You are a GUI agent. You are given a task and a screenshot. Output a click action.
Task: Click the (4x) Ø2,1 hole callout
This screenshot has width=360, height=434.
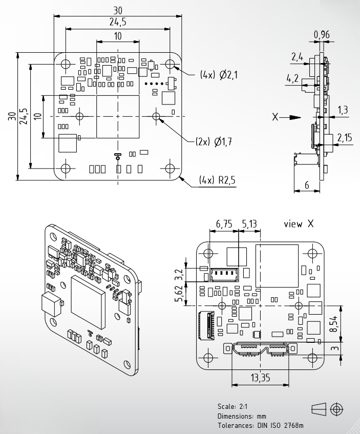point(219,75)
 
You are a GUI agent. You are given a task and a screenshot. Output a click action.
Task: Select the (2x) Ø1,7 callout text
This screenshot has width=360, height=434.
point(214,142)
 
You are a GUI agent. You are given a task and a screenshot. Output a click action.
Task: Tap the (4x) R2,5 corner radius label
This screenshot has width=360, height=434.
point(217,180)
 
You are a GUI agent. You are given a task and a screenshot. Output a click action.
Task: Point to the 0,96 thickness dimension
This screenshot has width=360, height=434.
point(322,35)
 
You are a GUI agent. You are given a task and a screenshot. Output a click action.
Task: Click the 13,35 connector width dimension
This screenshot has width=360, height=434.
point(260,378)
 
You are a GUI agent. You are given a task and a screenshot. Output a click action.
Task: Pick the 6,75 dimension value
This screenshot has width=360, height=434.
point(224,223)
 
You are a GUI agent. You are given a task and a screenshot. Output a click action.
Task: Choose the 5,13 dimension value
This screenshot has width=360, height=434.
point(249,223)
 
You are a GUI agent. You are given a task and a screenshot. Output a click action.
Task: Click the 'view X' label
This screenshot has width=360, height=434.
point(299,223)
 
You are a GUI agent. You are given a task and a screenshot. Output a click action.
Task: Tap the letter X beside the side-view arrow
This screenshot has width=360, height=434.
point(275,117)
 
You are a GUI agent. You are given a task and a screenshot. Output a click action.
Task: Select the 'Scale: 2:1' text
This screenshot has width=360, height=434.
point(232,406)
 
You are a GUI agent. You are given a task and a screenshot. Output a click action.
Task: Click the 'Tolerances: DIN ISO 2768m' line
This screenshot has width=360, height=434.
point(260,425)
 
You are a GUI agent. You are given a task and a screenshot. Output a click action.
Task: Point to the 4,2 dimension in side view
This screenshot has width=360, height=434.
point(292,78)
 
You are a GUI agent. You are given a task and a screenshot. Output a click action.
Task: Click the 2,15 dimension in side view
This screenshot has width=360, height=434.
point(345,137)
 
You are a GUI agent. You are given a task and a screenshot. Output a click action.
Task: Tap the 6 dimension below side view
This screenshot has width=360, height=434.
point(307,185)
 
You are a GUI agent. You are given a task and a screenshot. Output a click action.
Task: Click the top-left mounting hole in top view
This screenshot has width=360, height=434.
point(66,64)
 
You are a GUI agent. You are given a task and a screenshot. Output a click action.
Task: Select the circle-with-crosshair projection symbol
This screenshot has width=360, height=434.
point(336,409)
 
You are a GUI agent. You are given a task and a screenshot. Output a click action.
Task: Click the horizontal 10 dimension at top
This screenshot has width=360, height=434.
point(118,36)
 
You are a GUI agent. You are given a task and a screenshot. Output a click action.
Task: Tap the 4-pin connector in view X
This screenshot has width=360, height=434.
point(224,274)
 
